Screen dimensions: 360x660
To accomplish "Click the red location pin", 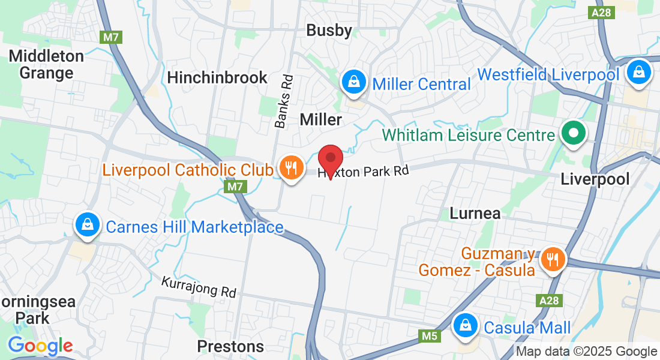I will click(330, 159).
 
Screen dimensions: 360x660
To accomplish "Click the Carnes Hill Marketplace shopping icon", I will click(88, 225).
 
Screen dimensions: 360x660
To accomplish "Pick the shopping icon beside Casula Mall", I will click(465, 326).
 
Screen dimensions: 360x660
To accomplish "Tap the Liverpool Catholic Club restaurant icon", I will click(291, 168).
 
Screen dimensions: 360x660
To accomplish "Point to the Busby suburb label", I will click(329, 31).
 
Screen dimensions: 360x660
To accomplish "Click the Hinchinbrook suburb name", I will click(217, 77).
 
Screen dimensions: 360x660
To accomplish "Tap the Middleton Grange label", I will click(46, 64).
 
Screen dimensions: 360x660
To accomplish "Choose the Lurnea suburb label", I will click(475, 213).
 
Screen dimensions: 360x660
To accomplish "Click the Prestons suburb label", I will click(230, 346).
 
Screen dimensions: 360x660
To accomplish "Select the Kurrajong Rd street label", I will click(199, 287).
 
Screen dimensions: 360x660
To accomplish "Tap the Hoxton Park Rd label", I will click(363, 172).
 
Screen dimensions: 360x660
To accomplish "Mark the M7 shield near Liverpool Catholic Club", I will click(236, 187).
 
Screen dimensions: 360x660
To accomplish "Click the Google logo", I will click(40, 346).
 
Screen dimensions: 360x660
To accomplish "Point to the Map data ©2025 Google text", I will click(586, 352).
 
